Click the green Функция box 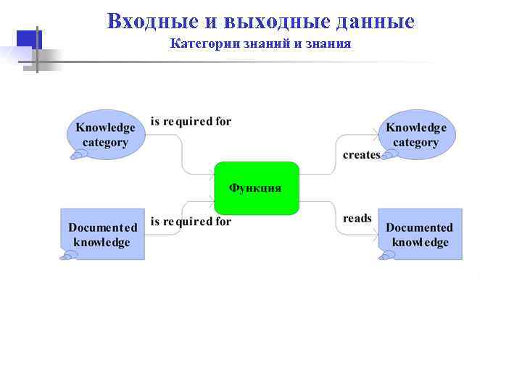click(x=257, y=188)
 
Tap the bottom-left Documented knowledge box click(x=103, y=234)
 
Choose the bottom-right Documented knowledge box click(x=420, y=234)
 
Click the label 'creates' click(x=361, y=155)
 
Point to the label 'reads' click(x=357, y=218)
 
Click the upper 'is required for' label click(x=191, y=122)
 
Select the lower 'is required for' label click(x=191, y=222)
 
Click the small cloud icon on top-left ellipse click(x=77, y=154)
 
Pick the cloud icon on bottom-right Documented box click(x=386, y=255)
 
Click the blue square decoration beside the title click(x=28, y=40)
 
